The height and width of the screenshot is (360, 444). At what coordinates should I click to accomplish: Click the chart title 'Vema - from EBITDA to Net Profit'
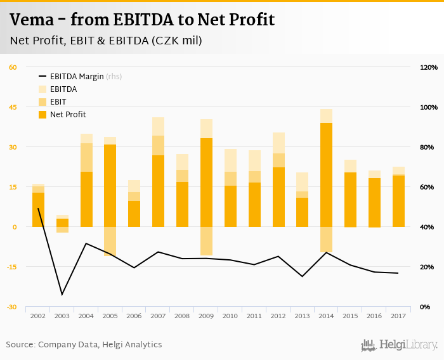[142, 20]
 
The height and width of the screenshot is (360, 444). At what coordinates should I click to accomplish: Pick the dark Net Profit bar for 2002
[38, 209]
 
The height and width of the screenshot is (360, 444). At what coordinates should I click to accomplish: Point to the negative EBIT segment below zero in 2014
[327, 239]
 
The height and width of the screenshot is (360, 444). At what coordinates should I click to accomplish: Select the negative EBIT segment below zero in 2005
[110, 241]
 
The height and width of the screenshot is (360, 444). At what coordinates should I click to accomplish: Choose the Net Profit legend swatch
[43, 115]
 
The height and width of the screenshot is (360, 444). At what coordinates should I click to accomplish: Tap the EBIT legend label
[58, 102]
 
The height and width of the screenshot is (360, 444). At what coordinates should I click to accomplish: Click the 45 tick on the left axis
[13, 107]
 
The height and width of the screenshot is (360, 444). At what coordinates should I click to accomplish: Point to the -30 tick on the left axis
[13, 307]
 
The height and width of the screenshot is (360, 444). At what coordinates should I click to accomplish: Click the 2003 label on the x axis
[62, 315]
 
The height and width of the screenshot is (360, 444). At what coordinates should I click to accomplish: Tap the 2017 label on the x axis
[399, 315]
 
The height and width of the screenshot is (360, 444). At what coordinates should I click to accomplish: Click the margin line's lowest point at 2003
[62, 294]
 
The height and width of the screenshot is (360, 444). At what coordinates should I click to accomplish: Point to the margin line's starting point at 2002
[38, 209]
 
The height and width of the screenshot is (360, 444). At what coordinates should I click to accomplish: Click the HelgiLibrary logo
[399, 345]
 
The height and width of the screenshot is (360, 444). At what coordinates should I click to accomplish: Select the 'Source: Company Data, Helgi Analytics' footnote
[84, 345]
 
